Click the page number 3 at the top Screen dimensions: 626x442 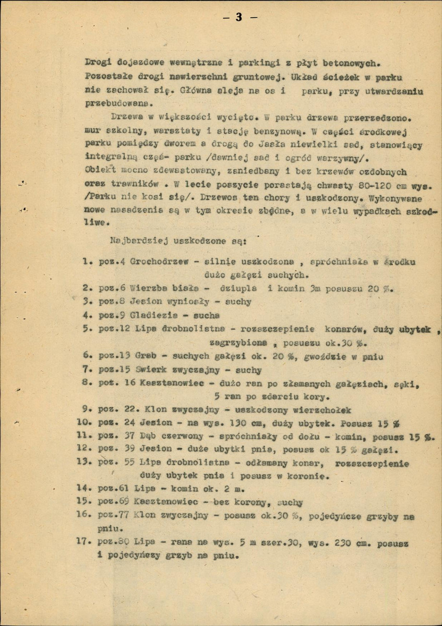coord(239,17)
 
